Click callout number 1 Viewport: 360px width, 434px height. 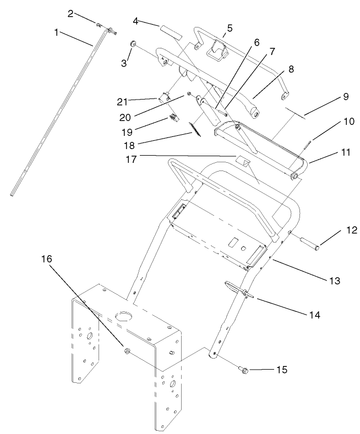56,32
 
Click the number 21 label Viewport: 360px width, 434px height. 123,101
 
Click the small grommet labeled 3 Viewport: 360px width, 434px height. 133,43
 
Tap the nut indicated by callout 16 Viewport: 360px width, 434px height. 127,350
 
